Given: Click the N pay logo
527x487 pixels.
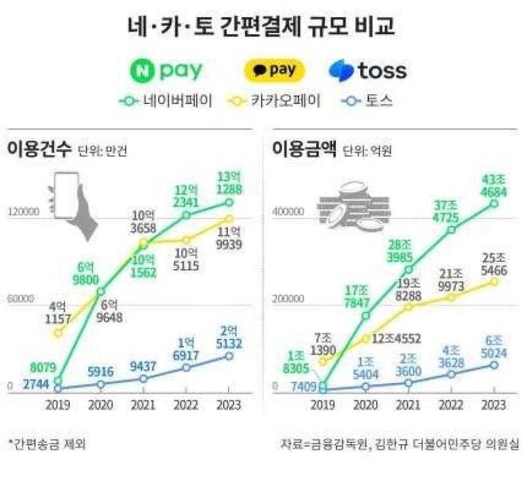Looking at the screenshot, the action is click(x=167, y=71).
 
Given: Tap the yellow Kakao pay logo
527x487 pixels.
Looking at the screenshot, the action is click(x=274, y=71).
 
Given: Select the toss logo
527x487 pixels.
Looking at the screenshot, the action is click(x=368, y=71).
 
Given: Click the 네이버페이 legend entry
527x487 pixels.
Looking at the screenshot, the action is click(x=166, y=101).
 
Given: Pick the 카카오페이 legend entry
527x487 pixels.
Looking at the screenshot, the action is click(x=274, y=101).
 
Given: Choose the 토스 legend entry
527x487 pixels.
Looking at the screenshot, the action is click(x=367, y=101).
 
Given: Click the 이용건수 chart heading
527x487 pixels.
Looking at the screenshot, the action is click(x=40, y=149).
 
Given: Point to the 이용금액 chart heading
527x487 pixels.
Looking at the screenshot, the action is click(x=304, y=149).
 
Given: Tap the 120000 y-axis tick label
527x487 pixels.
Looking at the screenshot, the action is click(x=24, y=212).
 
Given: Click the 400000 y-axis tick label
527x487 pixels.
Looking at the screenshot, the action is click(x=288, y=212).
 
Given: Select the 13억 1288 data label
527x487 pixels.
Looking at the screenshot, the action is click(x=229, y=183).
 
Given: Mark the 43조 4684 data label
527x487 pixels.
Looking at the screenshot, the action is click(x=493, y=186).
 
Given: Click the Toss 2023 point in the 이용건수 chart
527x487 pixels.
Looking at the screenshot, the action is click(x=229, y=356).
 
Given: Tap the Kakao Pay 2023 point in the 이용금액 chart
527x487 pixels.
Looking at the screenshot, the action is click(x=493, y=282).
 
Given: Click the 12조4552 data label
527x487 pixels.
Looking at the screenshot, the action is click(x=397, y=338).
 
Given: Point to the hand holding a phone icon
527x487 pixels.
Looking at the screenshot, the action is click(x=71, y=205).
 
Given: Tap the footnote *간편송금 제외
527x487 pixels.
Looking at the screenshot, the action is click(x=47, y=444).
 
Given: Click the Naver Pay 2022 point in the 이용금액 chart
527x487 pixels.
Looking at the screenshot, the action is click(x=452, y=230).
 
